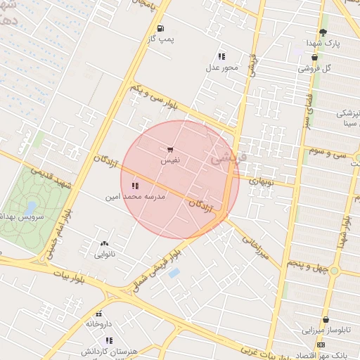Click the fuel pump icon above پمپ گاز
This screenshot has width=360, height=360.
pyautogui.click(x=161, y=29)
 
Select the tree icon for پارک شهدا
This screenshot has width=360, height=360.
pyautogui.click(x=323, y=32)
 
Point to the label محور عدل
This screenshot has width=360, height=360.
pyautogui.click(x=221, y=68)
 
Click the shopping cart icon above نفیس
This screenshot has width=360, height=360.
pyautogui.click(x=170, y=150)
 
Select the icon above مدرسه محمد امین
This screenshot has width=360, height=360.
pyautogui.click(x=135, y=186)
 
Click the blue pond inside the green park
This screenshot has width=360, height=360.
pyautogui.click(x=31, y=207)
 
